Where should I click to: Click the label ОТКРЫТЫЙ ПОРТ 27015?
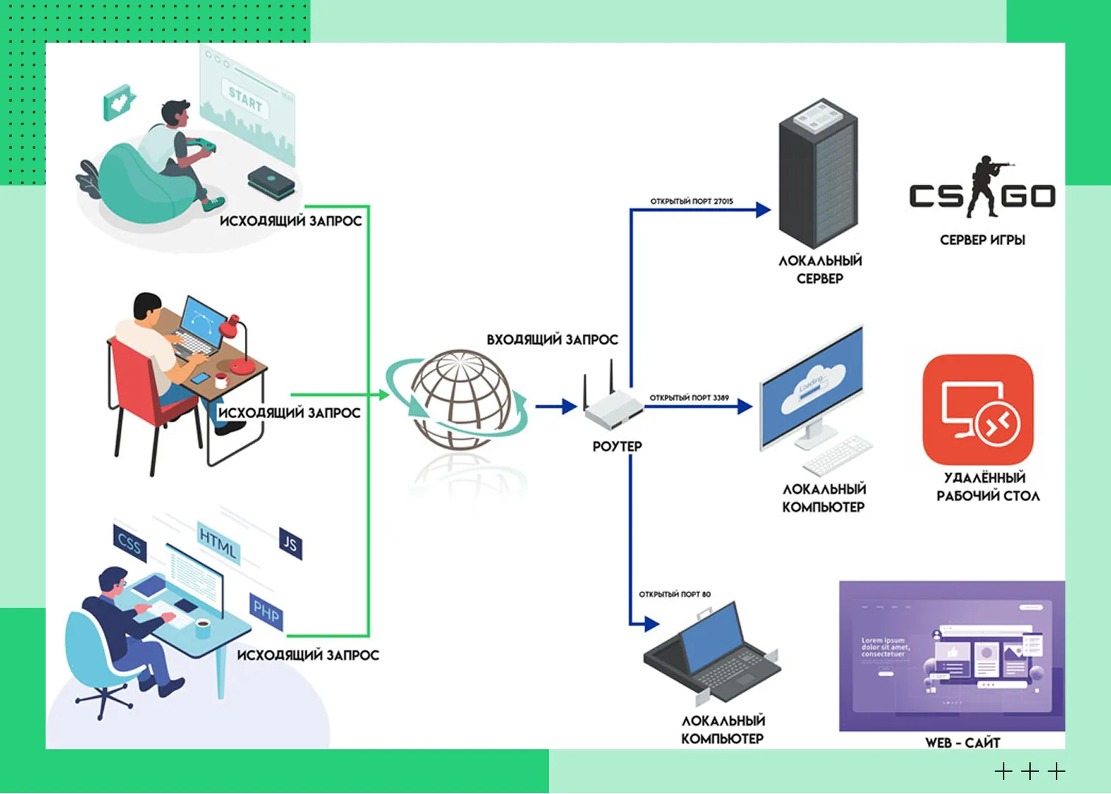coord(691,201)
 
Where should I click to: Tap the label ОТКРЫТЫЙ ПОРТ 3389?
coord(689,398)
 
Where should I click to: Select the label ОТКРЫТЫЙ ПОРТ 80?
coord(675,594)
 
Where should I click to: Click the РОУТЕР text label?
coord(617,446)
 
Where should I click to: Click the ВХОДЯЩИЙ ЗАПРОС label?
coord(552,339)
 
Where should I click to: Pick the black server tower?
coord(818,174)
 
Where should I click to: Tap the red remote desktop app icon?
coord(978,409)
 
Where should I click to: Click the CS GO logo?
coord(982,190)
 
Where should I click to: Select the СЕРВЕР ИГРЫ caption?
coord(982,240)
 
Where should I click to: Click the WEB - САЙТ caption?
coord(962,742)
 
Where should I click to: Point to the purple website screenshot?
coord(952,655)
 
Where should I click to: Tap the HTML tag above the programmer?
coord(218,544)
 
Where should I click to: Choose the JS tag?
coord(291,544)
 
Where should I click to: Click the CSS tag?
coord(129,544)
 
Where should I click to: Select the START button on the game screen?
coord(245,99)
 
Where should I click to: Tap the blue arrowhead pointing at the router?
coord(569,406)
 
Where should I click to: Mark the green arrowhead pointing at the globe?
coord(383,395)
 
